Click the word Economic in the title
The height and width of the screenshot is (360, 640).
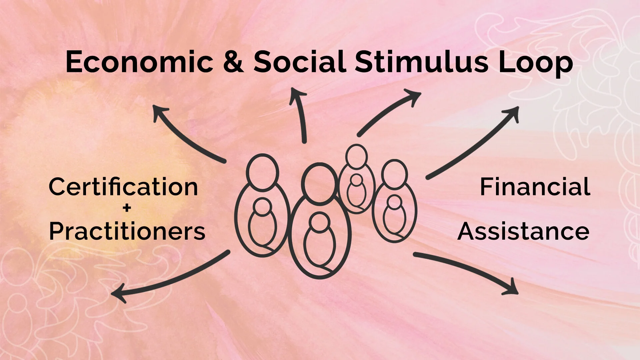tap(139, 62)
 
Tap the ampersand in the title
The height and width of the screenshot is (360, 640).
tap(234, 62)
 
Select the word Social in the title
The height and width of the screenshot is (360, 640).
tap(299, 62)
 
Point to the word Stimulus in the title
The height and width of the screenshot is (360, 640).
tap(421, 62)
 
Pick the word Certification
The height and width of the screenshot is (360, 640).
tap(123, 187)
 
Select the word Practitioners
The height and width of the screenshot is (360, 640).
tap(127, 231)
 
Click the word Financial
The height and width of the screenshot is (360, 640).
tap(535, 187)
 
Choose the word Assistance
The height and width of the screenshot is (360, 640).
tap(523, 231)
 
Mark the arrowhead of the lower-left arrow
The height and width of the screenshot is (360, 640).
tap(119, 293)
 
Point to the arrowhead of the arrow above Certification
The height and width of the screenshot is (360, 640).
tap(159, 112)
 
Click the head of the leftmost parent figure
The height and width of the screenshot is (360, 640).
tap(262, 172)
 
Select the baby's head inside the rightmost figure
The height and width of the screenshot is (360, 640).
tap(395, 202)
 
